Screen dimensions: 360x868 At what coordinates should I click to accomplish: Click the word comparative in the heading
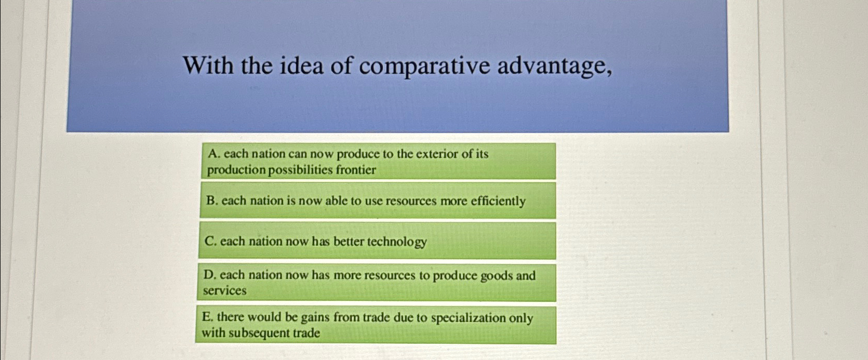(424, 66)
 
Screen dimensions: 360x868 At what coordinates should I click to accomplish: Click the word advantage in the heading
(553, 66)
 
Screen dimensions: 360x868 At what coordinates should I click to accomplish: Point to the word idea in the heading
(302, 65)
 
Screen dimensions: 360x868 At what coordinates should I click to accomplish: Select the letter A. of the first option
(213, 154)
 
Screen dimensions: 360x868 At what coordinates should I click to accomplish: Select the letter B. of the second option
(211, 201)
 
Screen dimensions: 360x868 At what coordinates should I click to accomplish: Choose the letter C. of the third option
(210, 241)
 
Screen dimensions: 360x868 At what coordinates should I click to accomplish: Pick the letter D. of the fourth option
(209, 275)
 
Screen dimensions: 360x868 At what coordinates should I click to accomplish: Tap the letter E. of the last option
(208, 317)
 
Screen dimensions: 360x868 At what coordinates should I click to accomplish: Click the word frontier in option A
(356, 170)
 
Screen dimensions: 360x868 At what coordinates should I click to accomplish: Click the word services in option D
(224, 291)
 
